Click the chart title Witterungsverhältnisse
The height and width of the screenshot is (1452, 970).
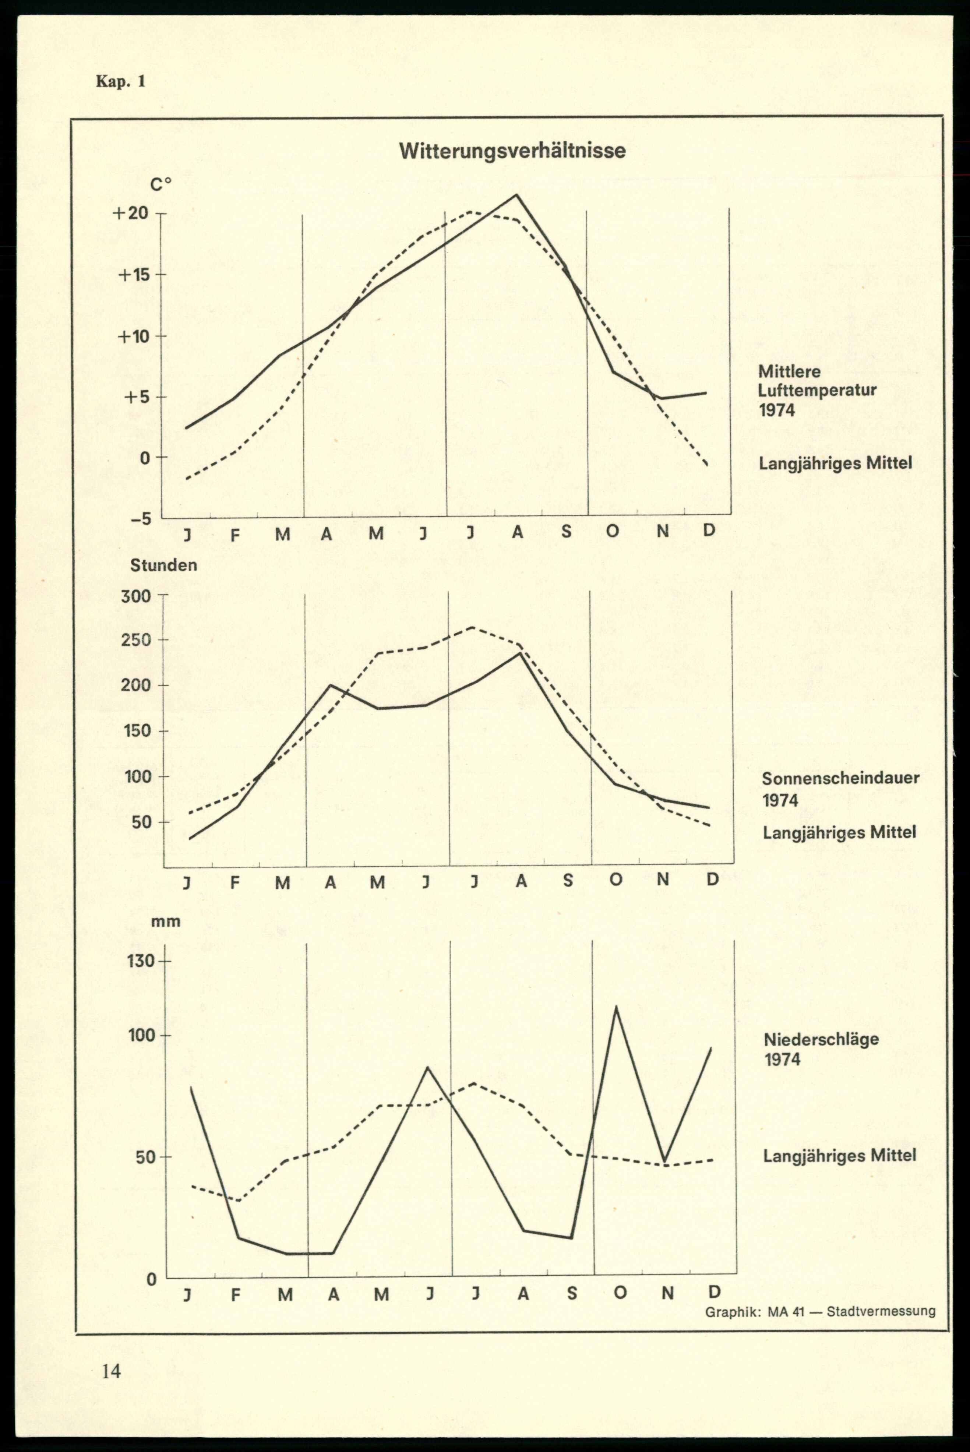[512, 151]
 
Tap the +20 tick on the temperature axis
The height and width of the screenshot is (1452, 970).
[131, 214]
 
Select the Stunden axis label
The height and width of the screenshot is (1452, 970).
[163, 565]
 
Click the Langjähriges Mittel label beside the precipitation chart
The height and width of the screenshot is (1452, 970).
[839, 1155]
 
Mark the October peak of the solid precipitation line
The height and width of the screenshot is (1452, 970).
[615, 1007]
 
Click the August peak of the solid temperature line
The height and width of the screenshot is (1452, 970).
[516, 195]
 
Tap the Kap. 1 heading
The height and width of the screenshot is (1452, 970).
[121, 81]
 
